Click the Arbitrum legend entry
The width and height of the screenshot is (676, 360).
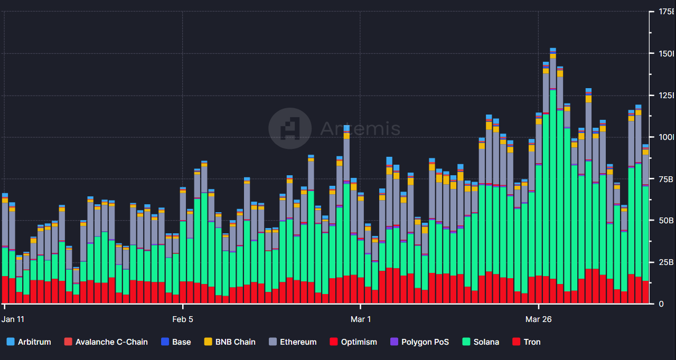(x=29, y=342)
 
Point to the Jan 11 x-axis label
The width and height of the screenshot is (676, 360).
(x=13, y=319)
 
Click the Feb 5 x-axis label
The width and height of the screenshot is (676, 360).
(x=183, y=319)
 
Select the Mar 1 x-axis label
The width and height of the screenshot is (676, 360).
(x=361, y=319)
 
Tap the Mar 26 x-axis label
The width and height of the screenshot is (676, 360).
(x=539, y=319)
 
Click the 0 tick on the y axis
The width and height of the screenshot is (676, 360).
(x=660, y=304)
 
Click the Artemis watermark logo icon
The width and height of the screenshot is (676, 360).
(x=289, y=128)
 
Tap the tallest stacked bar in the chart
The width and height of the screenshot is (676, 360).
(x=553, y=179)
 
